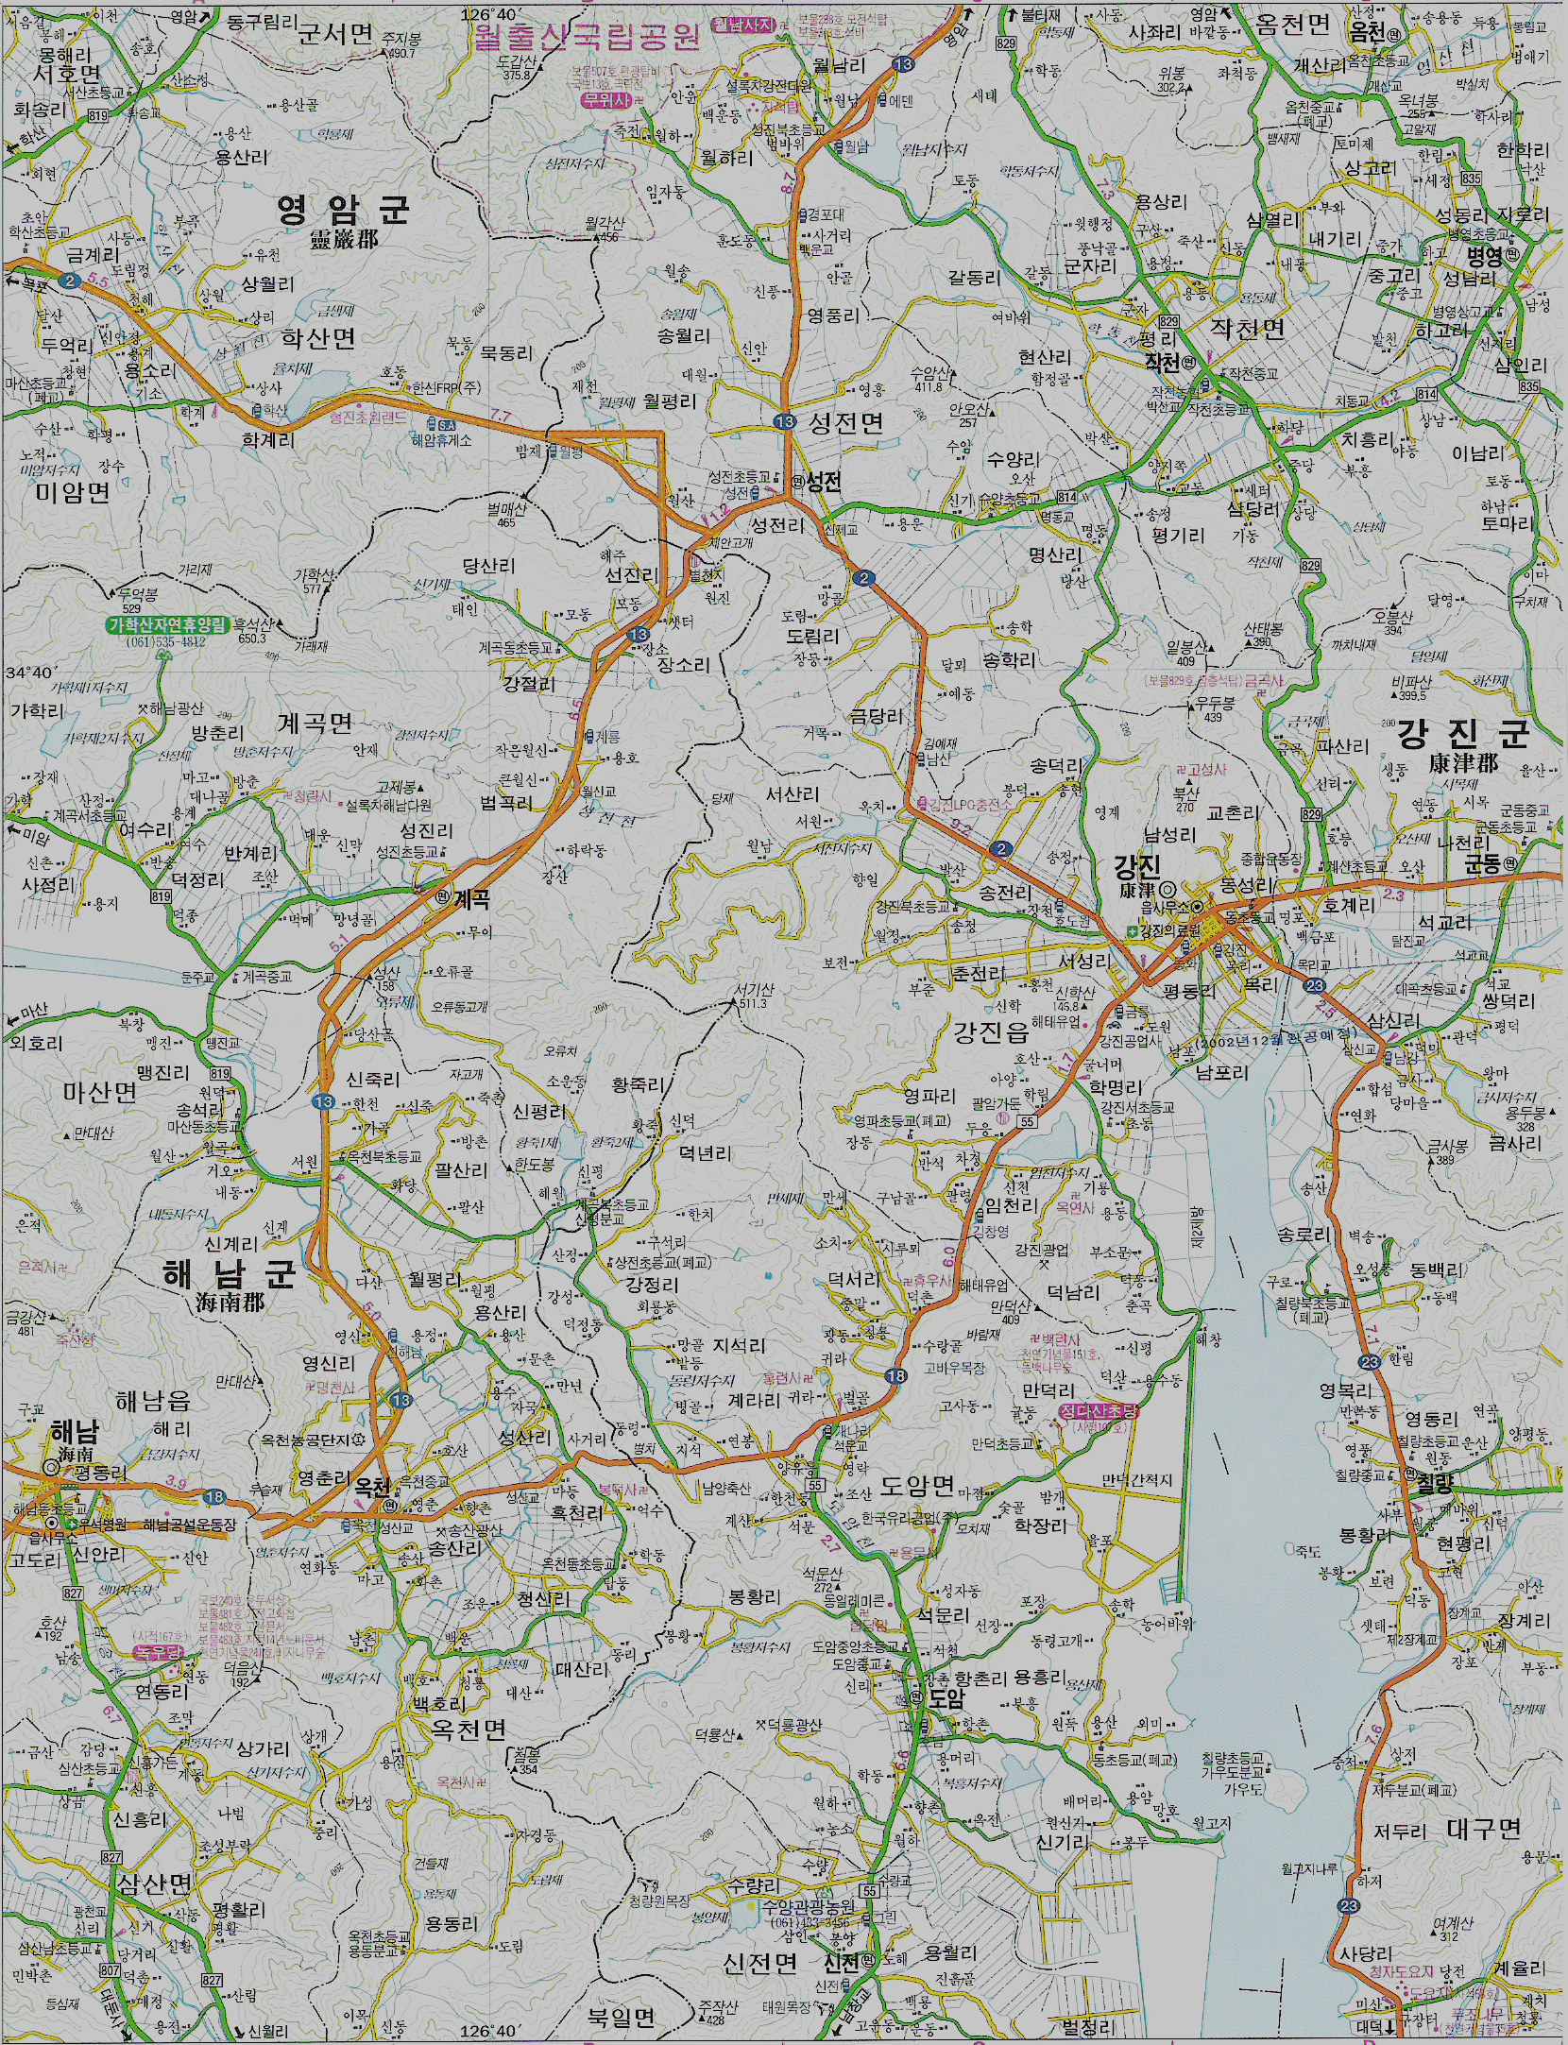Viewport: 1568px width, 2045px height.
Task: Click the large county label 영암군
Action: point(343,209)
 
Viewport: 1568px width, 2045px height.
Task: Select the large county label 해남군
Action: point(230,1274)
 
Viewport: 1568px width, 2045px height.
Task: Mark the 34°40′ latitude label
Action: point(27,673)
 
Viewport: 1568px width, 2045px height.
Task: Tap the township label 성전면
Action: point(846,422)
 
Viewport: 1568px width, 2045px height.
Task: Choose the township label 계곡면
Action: point(315,724)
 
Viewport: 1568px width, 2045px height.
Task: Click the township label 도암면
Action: point(917,1486)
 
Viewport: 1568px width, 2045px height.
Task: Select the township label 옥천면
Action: point(469,1730)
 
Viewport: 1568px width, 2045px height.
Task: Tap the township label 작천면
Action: point(1248,328)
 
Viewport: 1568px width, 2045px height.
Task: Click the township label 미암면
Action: point(73,491)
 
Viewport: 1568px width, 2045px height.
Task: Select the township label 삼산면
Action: point(155,1884)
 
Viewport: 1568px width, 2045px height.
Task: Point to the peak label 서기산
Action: point(755,990)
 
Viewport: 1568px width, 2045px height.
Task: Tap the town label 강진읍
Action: point(991,1031)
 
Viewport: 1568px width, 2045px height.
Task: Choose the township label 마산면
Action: point(100,1092)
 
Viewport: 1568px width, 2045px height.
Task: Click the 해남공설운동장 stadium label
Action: point(190,1525)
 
